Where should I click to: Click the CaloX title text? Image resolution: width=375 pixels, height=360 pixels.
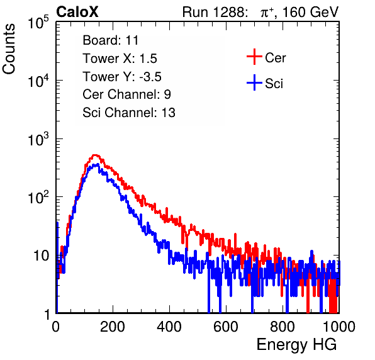(x=77, y=12)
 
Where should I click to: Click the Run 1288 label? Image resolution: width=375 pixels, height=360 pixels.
(x=215, y=12)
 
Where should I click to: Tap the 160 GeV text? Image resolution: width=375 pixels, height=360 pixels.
(x=310, y=12)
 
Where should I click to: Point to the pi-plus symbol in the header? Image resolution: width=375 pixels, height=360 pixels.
(x=267, y=13)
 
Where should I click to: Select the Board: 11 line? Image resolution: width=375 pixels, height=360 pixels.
(x=111, y=40)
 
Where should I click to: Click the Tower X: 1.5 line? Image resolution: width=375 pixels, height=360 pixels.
(x=120, y=59)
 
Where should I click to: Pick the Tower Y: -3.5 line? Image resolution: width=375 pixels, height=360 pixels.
(x=122, y=77)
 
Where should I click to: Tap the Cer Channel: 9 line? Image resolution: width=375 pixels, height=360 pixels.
(x=126, y=94)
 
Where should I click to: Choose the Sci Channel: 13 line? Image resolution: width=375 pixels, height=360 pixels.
(x=129, y=113)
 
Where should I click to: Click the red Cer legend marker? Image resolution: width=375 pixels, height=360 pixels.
(x=254, y=57)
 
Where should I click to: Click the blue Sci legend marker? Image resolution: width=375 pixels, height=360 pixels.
(x=254, y=83)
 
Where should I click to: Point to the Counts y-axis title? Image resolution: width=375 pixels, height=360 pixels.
(x=9, y=49)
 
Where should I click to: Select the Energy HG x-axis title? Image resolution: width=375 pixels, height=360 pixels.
(x=297, y=345)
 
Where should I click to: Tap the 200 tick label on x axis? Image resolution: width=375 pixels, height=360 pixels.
(x=113, y=327)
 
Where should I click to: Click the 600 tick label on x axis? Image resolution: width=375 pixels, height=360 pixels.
(x=226, y=327)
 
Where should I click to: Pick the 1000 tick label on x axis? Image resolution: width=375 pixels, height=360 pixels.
(x=339, y=327)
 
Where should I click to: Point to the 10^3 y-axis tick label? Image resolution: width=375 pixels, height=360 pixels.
(x=38, y=139)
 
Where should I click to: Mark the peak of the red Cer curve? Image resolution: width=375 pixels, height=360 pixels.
(x=95, y=155)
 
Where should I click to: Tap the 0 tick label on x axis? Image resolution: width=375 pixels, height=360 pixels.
(x=56, y=327)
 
